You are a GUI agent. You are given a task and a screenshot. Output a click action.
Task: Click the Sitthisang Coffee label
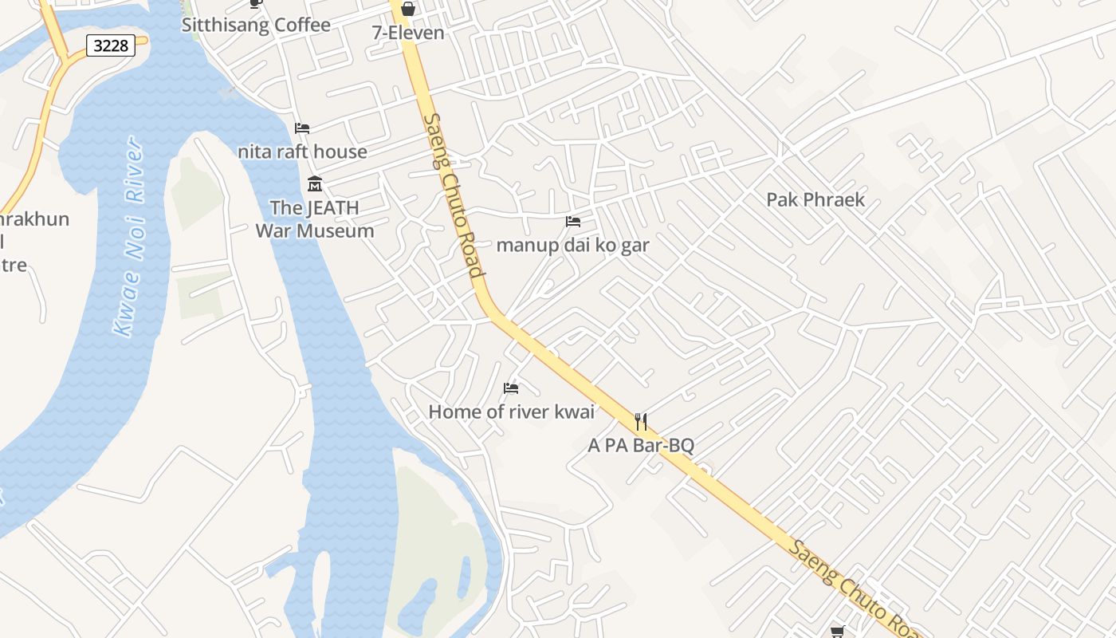pyautogui.click(x=256, y=25)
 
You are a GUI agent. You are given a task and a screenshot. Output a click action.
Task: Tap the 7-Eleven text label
pyautogui.click(x=408, y=33)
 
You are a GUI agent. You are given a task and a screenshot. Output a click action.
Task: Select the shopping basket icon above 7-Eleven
pyautogui.click(x=408, y=9)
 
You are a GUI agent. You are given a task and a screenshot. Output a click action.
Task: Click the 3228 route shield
pyautogui.click(x=110, y=45)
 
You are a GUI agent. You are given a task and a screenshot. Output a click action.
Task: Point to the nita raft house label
pyautogui.click(x=302, y=152)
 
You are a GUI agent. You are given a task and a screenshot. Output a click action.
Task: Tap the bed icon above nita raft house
pyautogui.click(x=302, y=128)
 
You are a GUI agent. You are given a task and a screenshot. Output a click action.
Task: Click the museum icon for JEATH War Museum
pyautogui.click(x=315, y=184)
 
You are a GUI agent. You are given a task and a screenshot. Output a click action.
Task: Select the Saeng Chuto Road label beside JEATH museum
pyautogui.click(x=454, y=195)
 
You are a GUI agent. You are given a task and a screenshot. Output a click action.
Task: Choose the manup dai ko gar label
pyautogui.click(x=572, y=245)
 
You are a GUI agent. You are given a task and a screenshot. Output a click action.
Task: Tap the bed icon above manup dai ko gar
pyautogui.click(x=573, y=221)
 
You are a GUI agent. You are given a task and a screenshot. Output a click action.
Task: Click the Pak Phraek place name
pyautogui.click(x=815, y=199)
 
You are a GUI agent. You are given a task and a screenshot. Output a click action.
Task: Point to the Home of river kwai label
pyautogui.click(x=511, y=412)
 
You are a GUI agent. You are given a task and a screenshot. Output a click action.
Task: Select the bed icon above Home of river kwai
pyautogui.click(x=511, y=388)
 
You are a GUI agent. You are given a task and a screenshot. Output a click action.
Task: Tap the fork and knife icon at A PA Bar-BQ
pyautogui.click(x=641, y=421)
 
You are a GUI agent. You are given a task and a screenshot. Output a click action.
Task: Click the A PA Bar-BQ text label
pyautogui.click(x=641, y=445)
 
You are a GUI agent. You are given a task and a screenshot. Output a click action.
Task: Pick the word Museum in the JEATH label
pyautogui.click(x=334, y=230)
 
